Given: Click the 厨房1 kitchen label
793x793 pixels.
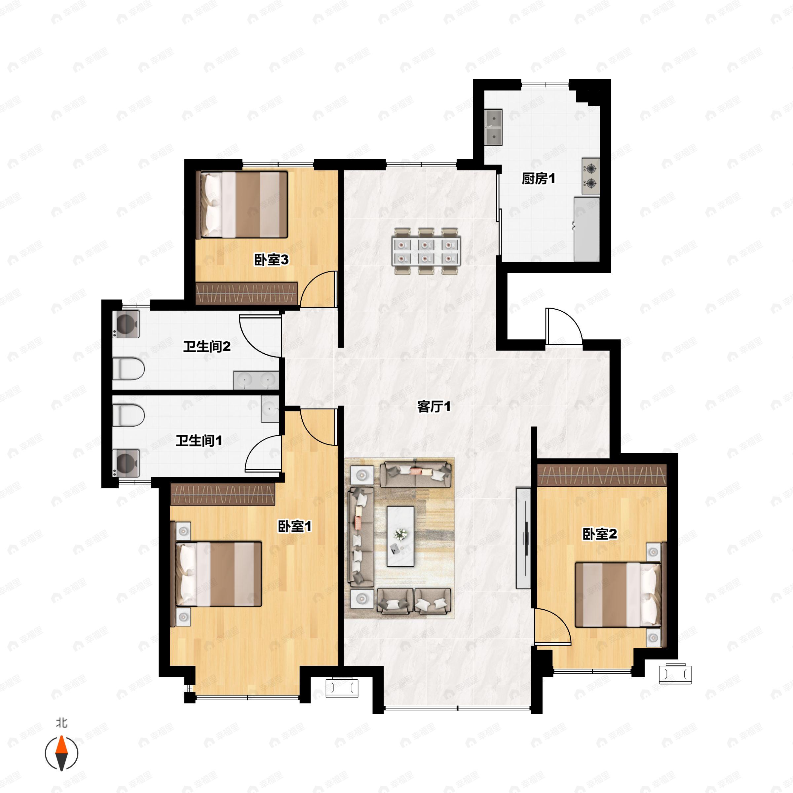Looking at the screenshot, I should click(x=538, y=179).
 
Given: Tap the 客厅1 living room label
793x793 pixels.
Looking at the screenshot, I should click(x=434, y=407).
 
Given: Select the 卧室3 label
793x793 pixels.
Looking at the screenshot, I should click(x=271, y=260).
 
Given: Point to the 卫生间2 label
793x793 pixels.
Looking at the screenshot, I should click(x=207, y=346).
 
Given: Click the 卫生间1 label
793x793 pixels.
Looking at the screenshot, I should click(x=199, y=441).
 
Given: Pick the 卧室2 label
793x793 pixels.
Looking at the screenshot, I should click(x=600, y=534).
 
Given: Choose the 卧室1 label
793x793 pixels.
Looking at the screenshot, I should click(x=295, y=526).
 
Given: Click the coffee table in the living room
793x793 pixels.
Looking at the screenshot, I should click(x=400, y=536).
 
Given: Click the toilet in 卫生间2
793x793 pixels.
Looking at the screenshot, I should click(x=128, y=369).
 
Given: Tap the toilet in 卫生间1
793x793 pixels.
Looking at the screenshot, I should click(x=128, y=416).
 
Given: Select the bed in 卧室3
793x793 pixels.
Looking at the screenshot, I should click(x=244, y=205).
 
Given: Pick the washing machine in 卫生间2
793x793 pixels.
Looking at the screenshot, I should click(x=127, y=324).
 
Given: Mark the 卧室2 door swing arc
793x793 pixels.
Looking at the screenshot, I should click(x=553, y=628).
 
